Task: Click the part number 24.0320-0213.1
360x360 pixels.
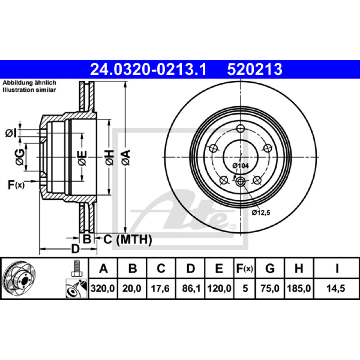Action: (148, 69)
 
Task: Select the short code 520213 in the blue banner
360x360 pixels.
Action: (255, 69)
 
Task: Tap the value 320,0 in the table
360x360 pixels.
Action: (103, 288)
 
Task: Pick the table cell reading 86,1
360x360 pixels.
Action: (191, 288)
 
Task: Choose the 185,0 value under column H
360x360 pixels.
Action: (299, 288)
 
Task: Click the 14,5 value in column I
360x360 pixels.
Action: (336, 288)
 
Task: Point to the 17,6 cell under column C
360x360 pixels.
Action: (160, 288)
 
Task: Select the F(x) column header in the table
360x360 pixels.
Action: (244, 268)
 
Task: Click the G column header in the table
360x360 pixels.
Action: (270, 268)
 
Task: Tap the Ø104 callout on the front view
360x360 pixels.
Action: (240, 166)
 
